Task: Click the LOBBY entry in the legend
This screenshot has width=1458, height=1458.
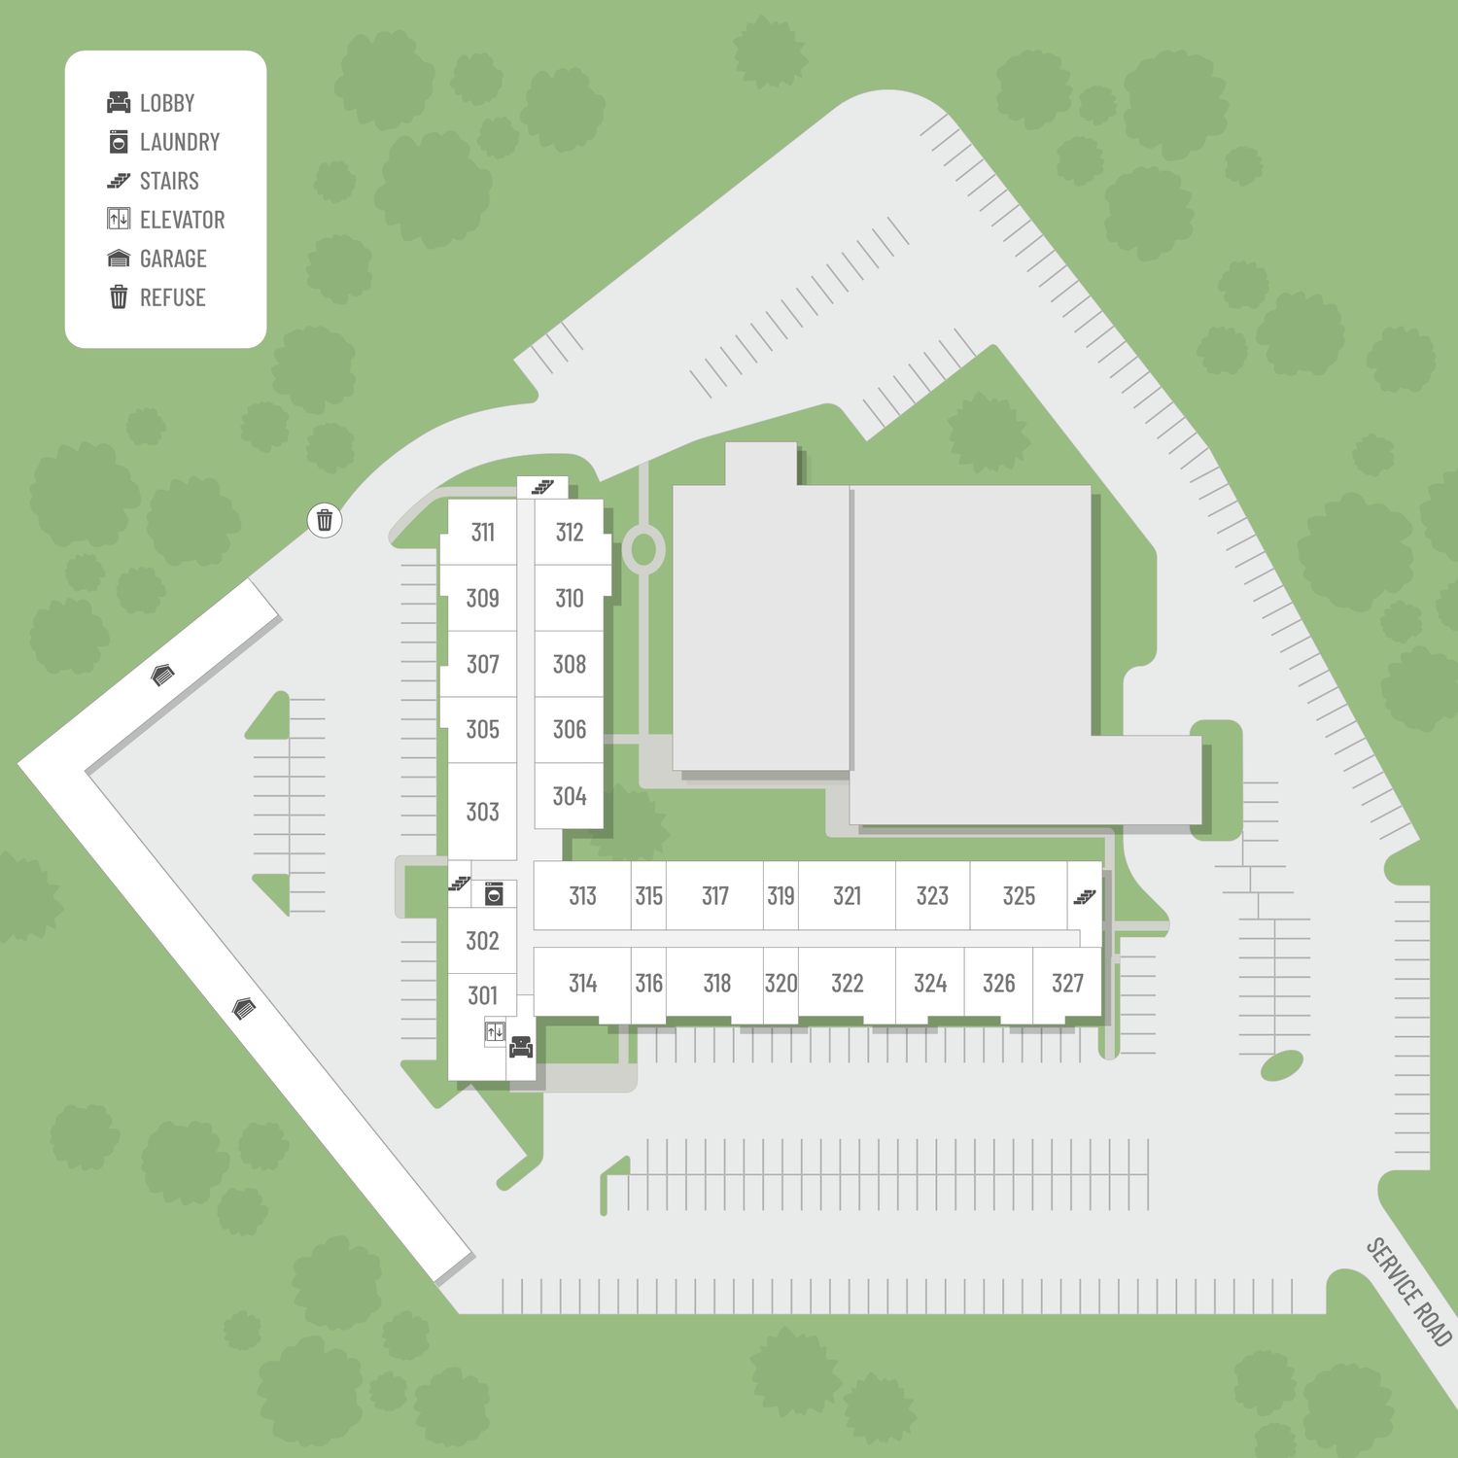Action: pos(151,102)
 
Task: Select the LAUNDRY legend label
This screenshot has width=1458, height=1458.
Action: pos(180,142)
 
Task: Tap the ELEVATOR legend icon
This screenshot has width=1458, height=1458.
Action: pos(119,219)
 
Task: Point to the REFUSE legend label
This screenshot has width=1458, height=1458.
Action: pos(173,297)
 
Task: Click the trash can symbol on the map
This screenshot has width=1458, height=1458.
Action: pos(325,520)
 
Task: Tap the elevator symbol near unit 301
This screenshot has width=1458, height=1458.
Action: pos(496,1032)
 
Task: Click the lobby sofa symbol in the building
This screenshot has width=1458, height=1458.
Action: pos(521,1047)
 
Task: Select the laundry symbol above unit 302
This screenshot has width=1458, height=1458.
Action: pos(494,894)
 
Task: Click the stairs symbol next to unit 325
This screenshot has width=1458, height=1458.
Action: pos(1085,896)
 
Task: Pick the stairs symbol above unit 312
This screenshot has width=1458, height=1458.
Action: pos(542,487)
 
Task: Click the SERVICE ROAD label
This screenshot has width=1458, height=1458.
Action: pos(1409,1292)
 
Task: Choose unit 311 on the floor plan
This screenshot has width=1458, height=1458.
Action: pos(483,532)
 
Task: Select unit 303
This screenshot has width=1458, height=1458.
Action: pos(482,812)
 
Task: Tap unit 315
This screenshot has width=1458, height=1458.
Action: pos(648,895)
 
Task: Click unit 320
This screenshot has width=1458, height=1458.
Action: pos(781,983)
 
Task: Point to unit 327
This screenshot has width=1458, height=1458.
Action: pos(1067,983)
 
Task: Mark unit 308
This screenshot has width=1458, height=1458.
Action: pos(570,664)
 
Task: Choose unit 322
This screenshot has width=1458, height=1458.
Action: pos(847,983)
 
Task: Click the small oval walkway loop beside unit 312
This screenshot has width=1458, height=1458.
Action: pos(642,549)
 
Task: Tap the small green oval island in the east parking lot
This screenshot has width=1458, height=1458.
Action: pos(1282,1066)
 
